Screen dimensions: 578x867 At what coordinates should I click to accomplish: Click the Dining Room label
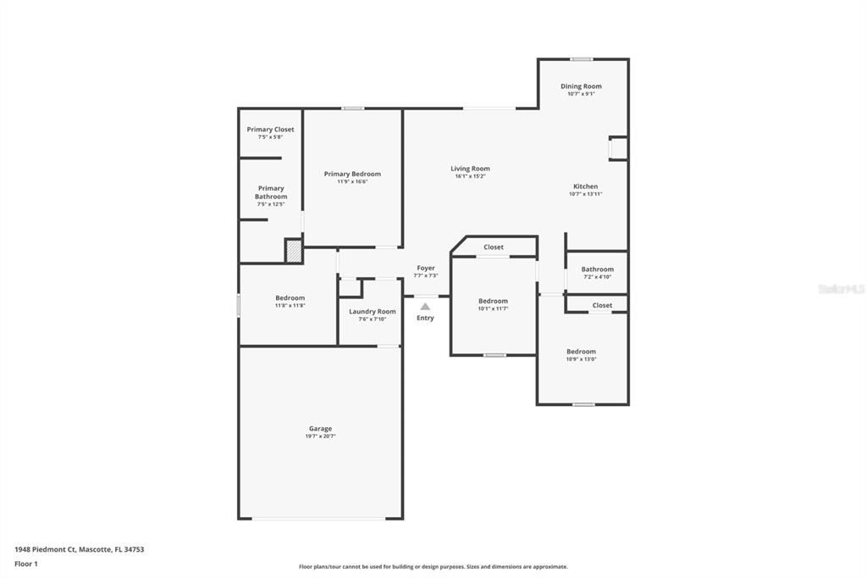pos(581,86)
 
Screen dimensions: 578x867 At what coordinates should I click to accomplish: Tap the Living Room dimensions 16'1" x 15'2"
pos(470,176)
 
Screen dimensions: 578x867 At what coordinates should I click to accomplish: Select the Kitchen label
pos(585,186)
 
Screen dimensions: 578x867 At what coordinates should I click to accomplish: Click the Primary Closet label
pos(271,130)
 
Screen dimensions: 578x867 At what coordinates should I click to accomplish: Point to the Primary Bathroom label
pos(271,192)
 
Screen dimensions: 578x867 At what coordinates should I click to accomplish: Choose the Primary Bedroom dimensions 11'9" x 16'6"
pos(352,181)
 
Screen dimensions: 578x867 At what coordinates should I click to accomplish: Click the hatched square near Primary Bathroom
pos(293,251)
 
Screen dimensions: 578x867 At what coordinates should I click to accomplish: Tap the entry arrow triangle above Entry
pos(425,307)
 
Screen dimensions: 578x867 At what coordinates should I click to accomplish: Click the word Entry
pos(425,318)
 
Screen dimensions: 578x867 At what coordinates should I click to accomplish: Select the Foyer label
pos(426,268)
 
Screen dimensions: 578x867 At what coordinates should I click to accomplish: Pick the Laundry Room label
pos(373,311)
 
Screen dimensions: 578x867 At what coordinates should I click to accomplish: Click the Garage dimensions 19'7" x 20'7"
pos(320,436)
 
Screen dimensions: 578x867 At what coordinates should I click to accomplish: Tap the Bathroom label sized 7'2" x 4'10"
pos(597,270)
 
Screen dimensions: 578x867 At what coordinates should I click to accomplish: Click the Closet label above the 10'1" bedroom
pos(494,247)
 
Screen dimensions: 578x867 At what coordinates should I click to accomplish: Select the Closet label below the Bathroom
pos(602,305)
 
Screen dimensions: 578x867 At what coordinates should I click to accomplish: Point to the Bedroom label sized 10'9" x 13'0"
pos(581,352)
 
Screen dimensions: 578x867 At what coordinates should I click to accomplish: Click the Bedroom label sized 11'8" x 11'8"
pos(290,297)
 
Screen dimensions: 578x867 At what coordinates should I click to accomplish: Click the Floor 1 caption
pos(26,564)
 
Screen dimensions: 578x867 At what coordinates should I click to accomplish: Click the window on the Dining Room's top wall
pos(581,59)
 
